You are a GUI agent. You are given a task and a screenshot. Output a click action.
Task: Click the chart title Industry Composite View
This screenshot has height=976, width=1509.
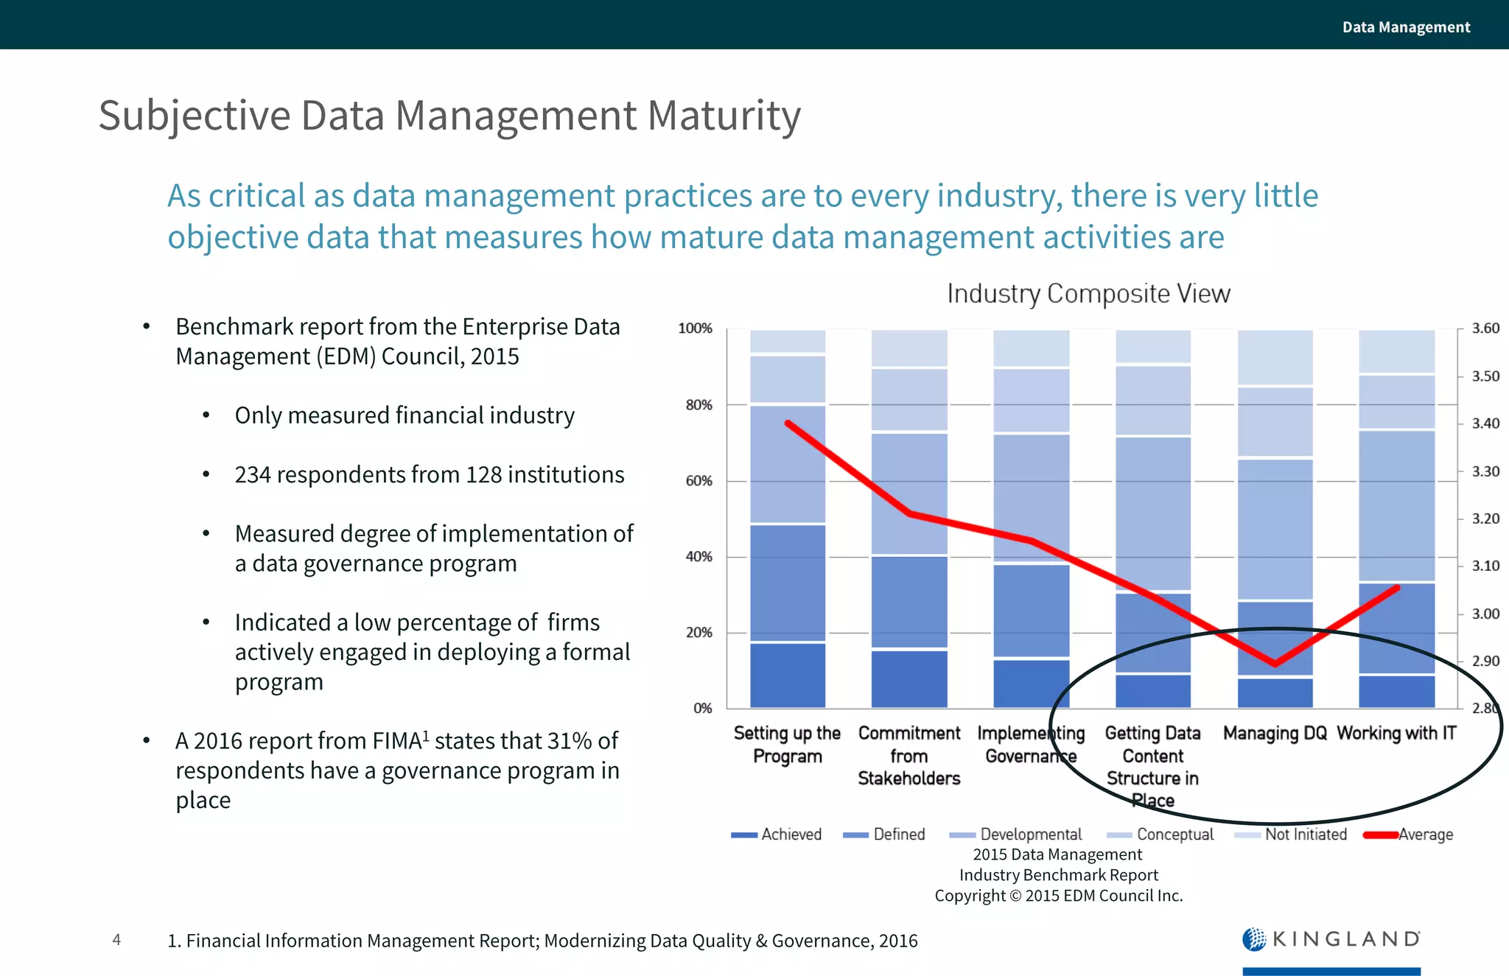point(1088,293)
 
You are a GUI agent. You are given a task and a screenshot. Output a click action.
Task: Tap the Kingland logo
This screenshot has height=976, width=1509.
point(1331,939)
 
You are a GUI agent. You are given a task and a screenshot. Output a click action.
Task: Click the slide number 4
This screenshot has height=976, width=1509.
point(116,939)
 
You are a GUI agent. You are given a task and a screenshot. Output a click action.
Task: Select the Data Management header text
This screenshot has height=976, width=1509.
point(1405,27)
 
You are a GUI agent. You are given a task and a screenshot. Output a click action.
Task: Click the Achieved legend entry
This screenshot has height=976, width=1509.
point(777,835)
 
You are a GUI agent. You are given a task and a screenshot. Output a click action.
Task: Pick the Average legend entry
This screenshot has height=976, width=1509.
point(1409,835)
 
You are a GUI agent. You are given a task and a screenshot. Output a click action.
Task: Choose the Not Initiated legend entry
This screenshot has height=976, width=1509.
point(1291,835)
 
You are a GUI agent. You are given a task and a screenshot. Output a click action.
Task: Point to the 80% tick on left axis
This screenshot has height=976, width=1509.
point(699,404)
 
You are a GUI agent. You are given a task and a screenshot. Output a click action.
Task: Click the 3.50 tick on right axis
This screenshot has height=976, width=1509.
point(1485,376)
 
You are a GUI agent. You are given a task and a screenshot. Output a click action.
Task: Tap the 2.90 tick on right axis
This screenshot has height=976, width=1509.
point(1485,661)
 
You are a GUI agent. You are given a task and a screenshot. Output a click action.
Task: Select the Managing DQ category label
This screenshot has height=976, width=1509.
point(1275,733)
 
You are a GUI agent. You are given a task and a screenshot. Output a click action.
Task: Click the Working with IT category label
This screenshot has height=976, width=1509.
point(1396,733)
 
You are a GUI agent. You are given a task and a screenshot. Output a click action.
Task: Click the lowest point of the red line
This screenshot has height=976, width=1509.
point(1275,664)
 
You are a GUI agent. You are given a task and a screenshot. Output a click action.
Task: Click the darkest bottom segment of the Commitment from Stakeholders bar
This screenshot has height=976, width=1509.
point(909,678)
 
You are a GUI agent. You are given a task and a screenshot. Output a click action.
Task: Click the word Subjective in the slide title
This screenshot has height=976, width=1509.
point(195,116)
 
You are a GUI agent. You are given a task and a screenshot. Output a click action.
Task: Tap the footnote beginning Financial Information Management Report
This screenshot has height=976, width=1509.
point(542,941)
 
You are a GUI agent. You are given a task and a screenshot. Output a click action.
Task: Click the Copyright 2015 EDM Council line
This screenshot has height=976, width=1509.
point(1058,896)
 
